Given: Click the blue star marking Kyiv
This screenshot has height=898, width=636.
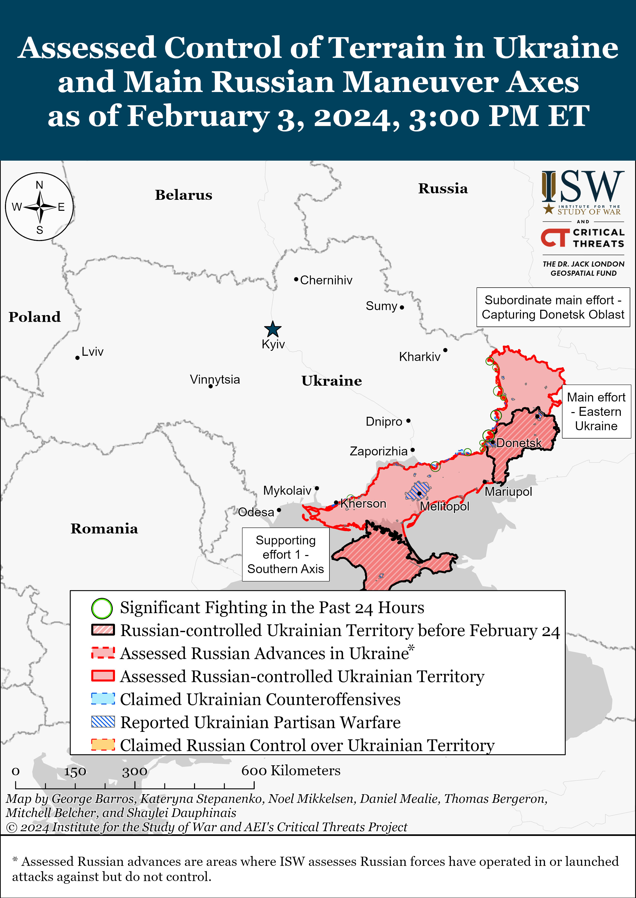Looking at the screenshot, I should point(273,329).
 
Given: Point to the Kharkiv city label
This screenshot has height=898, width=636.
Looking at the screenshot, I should point(420,357).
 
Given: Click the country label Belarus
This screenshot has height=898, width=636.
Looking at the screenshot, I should point(183,195).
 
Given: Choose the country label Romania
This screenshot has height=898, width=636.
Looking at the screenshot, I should point(104,529).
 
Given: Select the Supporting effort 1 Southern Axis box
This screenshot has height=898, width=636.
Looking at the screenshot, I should point(286,555).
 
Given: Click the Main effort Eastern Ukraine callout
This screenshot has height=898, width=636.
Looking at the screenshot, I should point(596,412).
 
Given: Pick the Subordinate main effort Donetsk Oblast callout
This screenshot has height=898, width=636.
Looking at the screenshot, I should point(553,307).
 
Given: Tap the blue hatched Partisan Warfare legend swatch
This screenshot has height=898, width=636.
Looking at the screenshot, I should point(103,722).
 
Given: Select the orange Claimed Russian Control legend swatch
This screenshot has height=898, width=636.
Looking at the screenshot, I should point(103,745).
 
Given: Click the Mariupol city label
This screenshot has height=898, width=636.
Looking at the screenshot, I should point(508,492).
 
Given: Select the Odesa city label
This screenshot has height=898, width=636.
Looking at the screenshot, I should point(256,512).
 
